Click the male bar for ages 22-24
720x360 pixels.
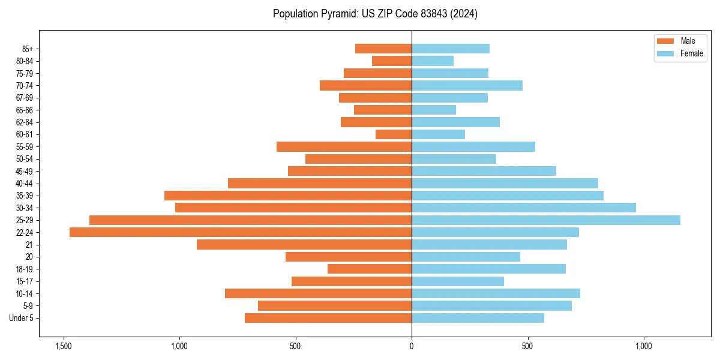[x=240, y=232]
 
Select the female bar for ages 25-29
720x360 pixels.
[x=546, y=220]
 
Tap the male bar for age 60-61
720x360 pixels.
[x=394, y=134]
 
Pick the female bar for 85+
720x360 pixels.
[x=450, y=49]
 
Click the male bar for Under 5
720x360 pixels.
[x=328, y=318]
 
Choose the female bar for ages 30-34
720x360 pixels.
[x=523, y=208]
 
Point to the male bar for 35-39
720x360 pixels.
[x=288, y=196]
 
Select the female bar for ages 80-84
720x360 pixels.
[x=432, y=61]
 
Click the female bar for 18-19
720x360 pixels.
[x=488, y=269]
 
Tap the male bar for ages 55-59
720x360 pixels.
[x=344, y=146]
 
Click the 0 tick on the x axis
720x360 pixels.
[x=412, y=346]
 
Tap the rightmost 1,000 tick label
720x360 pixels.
[x=643, y=346]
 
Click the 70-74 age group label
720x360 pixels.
[x=25, y=86]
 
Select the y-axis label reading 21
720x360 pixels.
[x=29, y=245]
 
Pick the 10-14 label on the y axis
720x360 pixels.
[x=25, y=293]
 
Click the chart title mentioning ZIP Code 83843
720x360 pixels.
[x=375, y=14]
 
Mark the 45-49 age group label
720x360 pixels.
[x=25, y=171]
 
